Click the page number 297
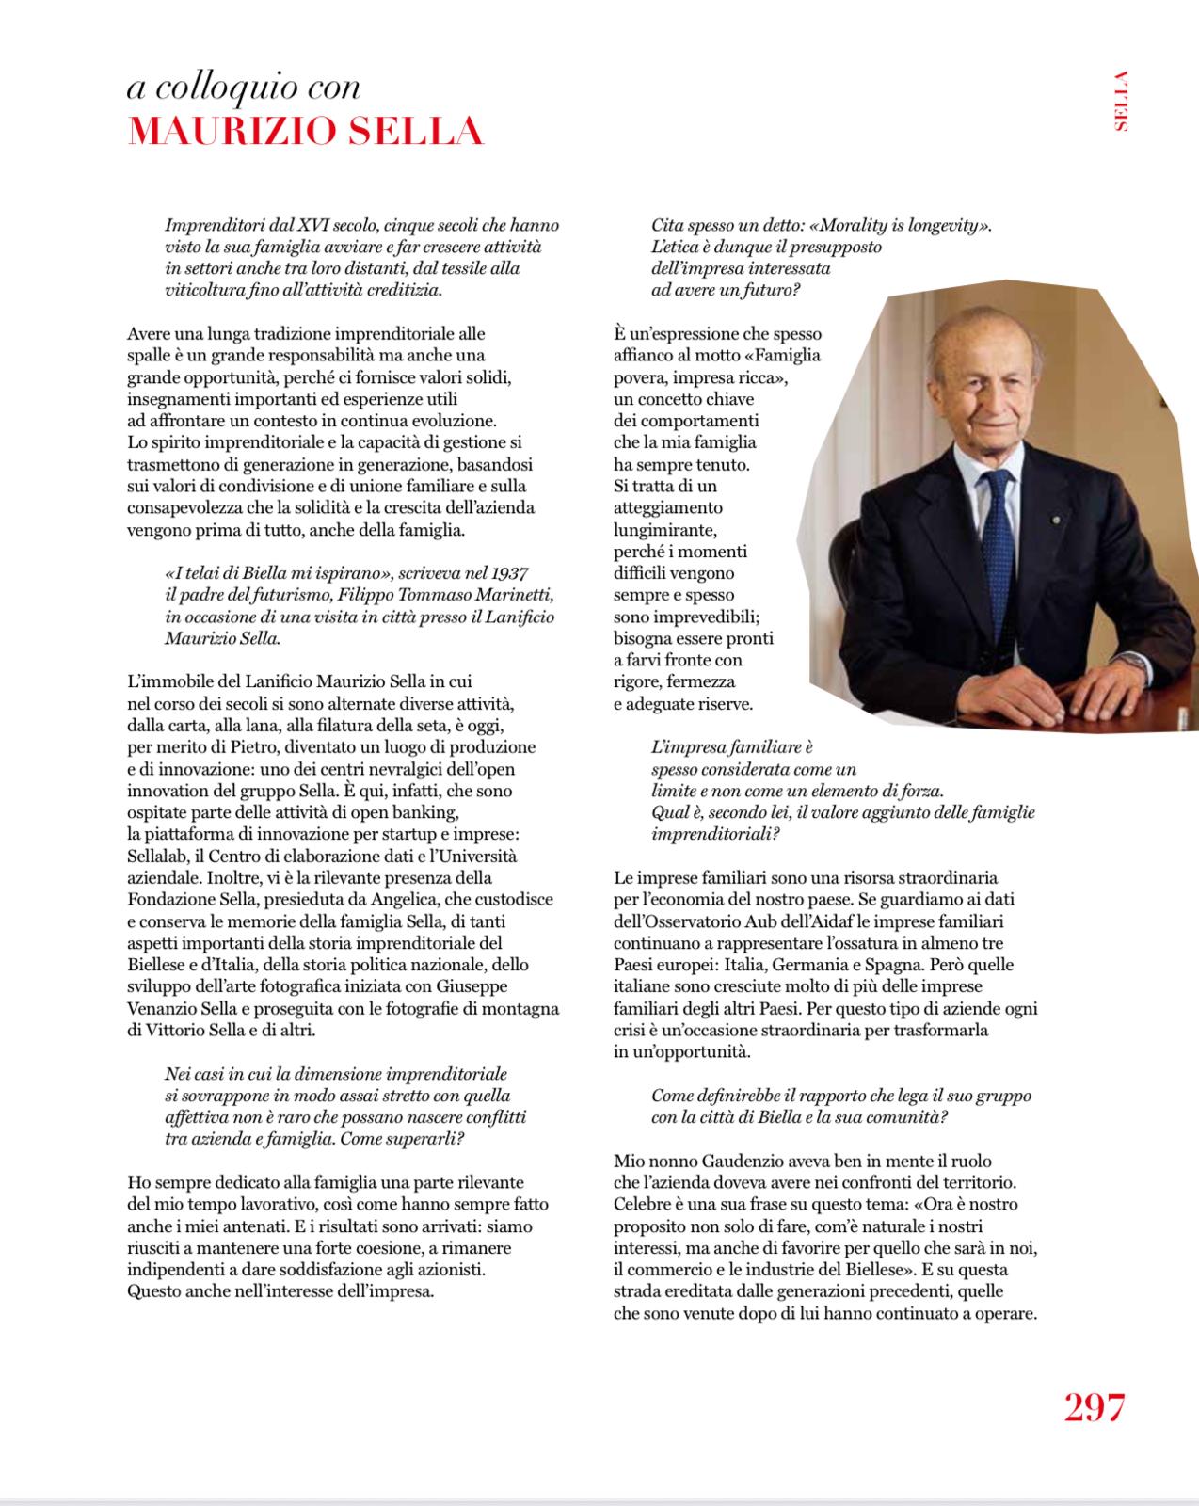(x=1095, y=1407)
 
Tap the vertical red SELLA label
(x=1120, y=101)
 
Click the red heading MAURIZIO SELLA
(x=305, y=132)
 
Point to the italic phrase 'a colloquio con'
(x=244, y=87)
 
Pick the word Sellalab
(x=158, y=857)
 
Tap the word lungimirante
(x=666, y=529)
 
